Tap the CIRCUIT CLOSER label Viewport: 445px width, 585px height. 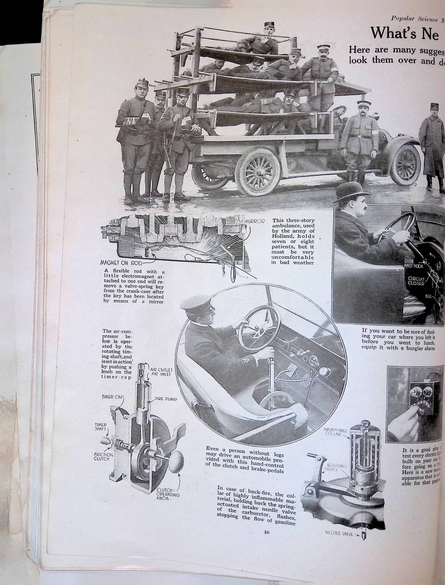(x=416, y=281)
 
